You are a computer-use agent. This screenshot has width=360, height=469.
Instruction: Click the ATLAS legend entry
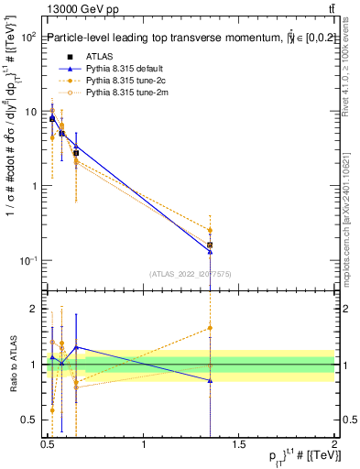[x=99, y=58]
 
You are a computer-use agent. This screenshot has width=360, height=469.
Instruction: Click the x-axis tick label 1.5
[x=239, y=445]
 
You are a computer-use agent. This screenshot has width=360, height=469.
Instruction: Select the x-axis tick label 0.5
[x=48, y=445]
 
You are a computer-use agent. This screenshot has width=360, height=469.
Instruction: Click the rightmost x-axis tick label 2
[x=334, y=445]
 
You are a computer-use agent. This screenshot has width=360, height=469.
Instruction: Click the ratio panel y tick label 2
[x=32, y=309]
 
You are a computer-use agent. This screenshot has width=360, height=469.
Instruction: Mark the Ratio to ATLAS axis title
[x=12, y=365]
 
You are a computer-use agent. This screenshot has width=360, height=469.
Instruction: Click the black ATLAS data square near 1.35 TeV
[x=210, y=245]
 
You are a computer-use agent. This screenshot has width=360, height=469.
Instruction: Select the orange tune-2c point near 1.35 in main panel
[x=210, y=230]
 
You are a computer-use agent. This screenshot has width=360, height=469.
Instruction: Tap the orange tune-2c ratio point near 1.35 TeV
[x=210, y=327]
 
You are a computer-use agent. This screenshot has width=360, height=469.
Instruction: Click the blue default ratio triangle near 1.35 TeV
[x=210, y=380]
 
